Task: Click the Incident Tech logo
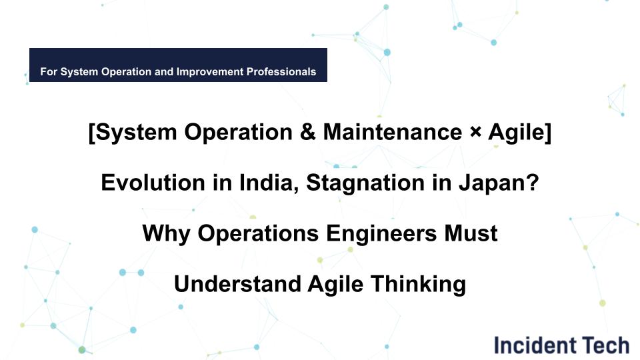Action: (561, 345)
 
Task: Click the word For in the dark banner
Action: (49, 71)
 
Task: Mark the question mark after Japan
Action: (532, 183)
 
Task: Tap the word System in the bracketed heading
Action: (132, 133)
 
